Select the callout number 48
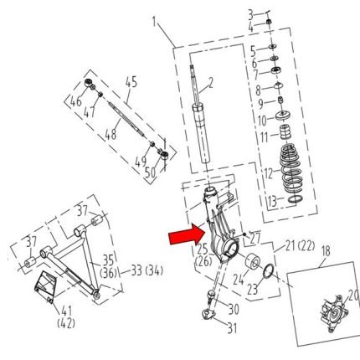coord(111,135)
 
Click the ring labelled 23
coord(268,271)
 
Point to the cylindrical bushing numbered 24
coord(253,262)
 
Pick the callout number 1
coord(154,22)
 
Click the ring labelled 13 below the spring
coord(295,199)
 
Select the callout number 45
coord(131,82)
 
